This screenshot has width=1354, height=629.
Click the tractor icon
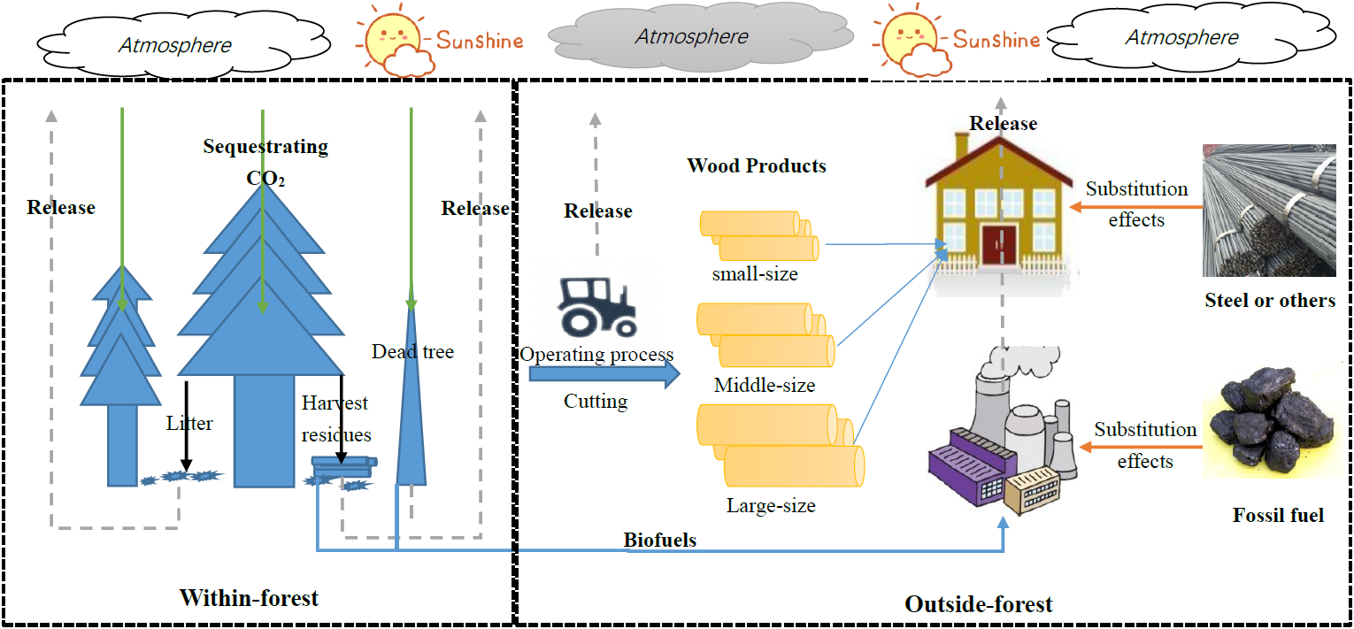(x=596, y=306)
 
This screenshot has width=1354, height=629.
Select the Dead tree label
(x=412, y=352)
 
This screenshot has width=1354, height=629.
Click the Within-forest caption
(x=249, y=598)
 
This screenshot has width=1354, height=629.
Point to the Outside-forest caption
(x=979, y=604)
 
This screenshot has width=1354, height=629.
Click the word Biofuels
(x=659, y=540)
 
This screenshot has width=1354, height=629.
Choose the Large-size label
(x=771, y=506)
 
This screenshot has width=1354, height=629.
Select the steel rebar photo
(x=1269, y=211)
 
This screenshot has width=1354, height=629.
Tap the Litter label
(x=189, y=423)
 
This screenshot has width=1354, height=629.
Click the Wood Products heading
(x=757, y=165)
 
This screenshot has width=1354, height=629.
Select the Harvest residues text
(x=335, y=418)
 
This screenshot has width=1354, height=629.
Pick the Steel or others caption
(x=1270, y=301)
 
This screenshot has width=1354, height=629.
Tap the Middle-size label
(x=765, y=386)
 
